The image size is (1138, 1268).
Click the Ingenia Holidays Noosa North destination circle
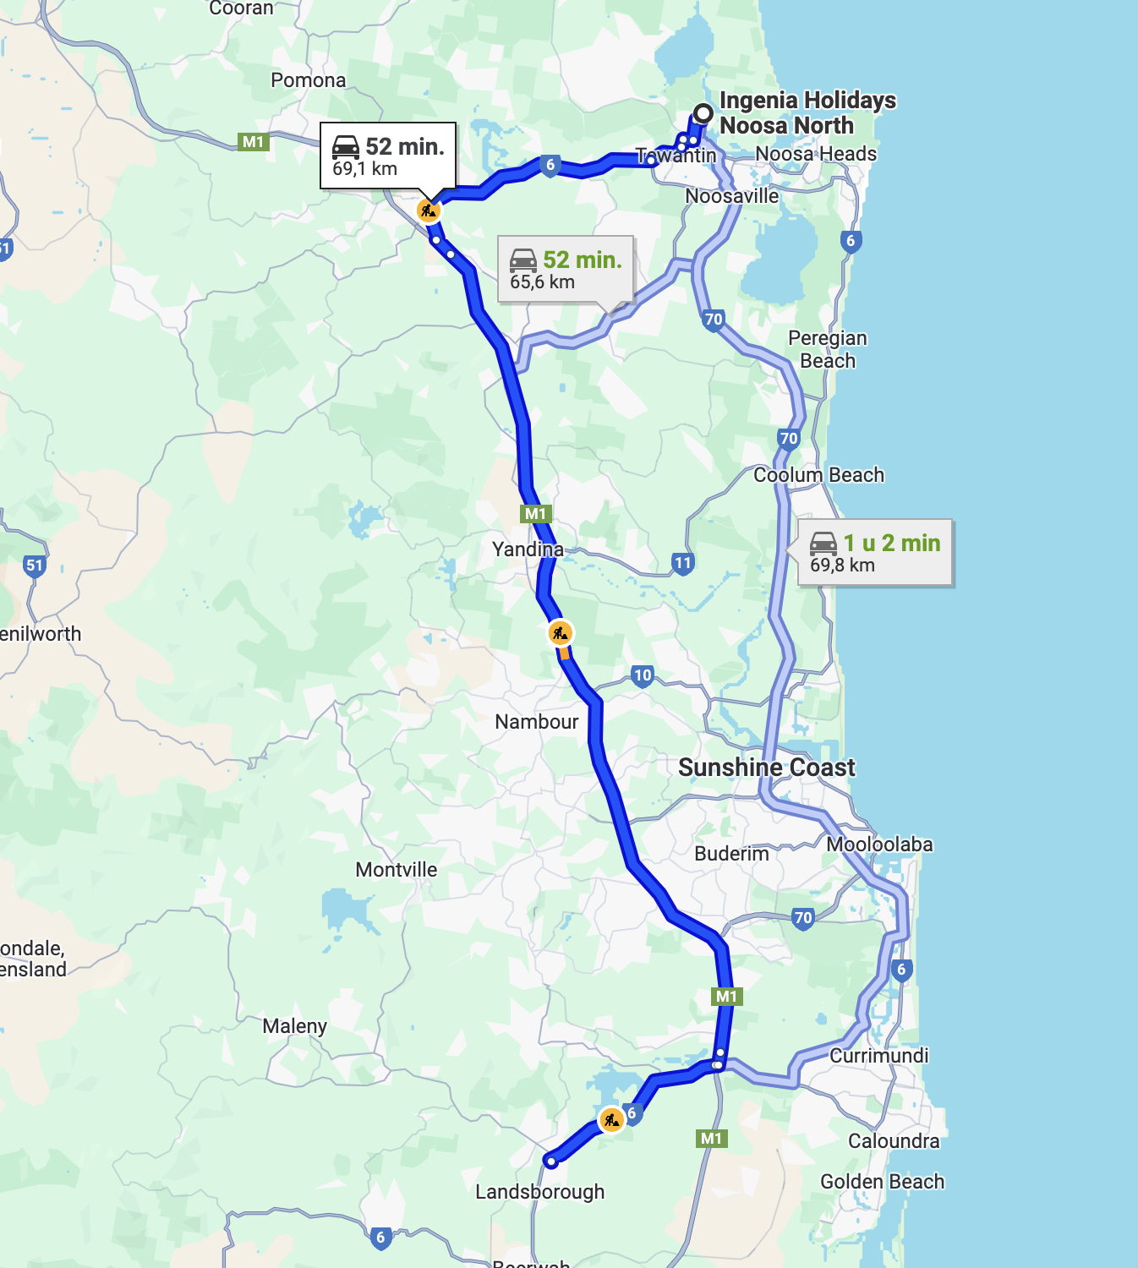coord(703,113)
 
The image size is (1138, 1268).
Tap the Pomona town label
coord(308,80)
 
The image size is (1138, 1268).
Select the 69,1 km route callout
coord(387,156)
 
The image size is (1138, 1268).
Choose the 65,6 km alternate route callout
coord(565,269)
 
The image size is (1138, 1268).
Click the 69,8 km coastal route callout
coord(874,552)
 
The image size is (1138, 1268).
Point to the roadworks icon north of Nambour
coord(560,632)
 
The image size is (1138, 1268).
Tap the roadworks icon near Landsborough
coord(610,1120)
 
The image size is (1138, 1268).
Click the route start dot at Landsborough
coord(550,1161)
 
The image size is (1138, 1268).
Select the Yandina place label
coord(528,549)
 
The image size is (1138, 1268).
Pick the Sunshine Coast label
coord(766,768)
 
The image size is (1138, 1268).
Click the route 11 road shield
coord(683,563)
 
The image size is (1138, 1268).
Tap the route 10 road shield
coord(643,675)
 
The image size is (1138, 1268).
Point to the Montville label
coord(396,870)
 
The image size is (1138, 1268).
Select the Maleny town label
coord(294,1026)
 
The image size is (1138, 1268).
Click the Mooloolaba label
coord(879,844)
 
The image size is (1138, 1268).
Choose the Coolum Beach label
coord(818,475)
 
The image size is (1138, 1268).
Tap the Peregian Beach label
coord(827,349)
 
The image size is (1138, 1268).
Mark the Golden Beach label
coord(882,1182)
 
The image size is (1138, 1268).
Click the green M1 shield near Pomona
coord(254,142)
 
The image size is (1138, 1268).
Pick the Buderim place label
coord(731,854)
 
